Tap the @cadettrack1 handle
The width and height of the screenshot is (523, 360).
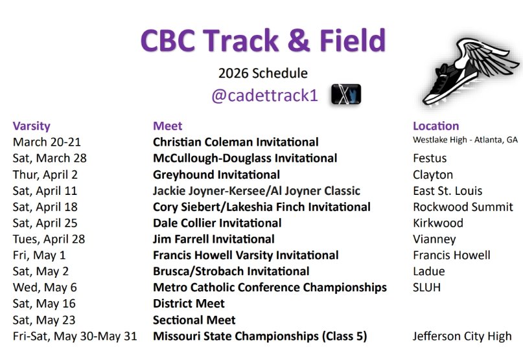tap(264, 95)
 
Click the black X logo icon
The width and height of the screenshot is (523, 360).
tap(345, 95)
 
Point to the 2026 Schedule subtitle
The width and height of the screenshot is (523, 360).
tap(262, 73)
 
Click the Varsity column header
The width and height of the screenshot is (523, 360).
tap(31, 126)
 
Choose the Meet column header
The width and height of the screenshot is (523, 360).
tap(168, 126)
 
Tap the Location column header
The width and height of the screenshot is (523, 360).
tap(436, 126)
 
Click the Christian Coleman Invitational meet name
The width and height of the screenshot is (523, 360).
tap(235, 142)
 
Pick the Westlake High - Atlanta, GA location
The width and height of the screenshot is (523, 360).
tap(465, 140)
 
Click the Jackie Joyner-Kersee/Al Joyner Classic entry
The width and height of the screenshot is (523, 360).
tap(256, 191)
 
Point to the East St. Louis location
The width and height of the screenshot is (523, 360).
tap(447, 191)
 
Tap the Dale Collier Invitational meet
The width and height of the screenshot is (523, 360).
tap(217, 223)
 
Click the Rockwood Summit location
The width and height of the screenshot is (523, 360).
tap(463, 207)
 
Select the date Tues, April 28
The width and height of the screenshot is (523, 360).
tap(49, 240)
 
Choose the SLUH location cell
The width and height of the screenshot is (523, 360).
tap(426, 287)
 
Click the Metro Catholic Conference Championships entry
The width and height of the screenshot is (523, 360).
tap(270, 287)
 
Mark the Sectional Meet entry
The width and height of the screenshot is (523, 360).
tap(194, 320)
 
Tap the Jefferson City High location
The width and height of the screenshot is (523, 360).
tap(462, 336)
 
